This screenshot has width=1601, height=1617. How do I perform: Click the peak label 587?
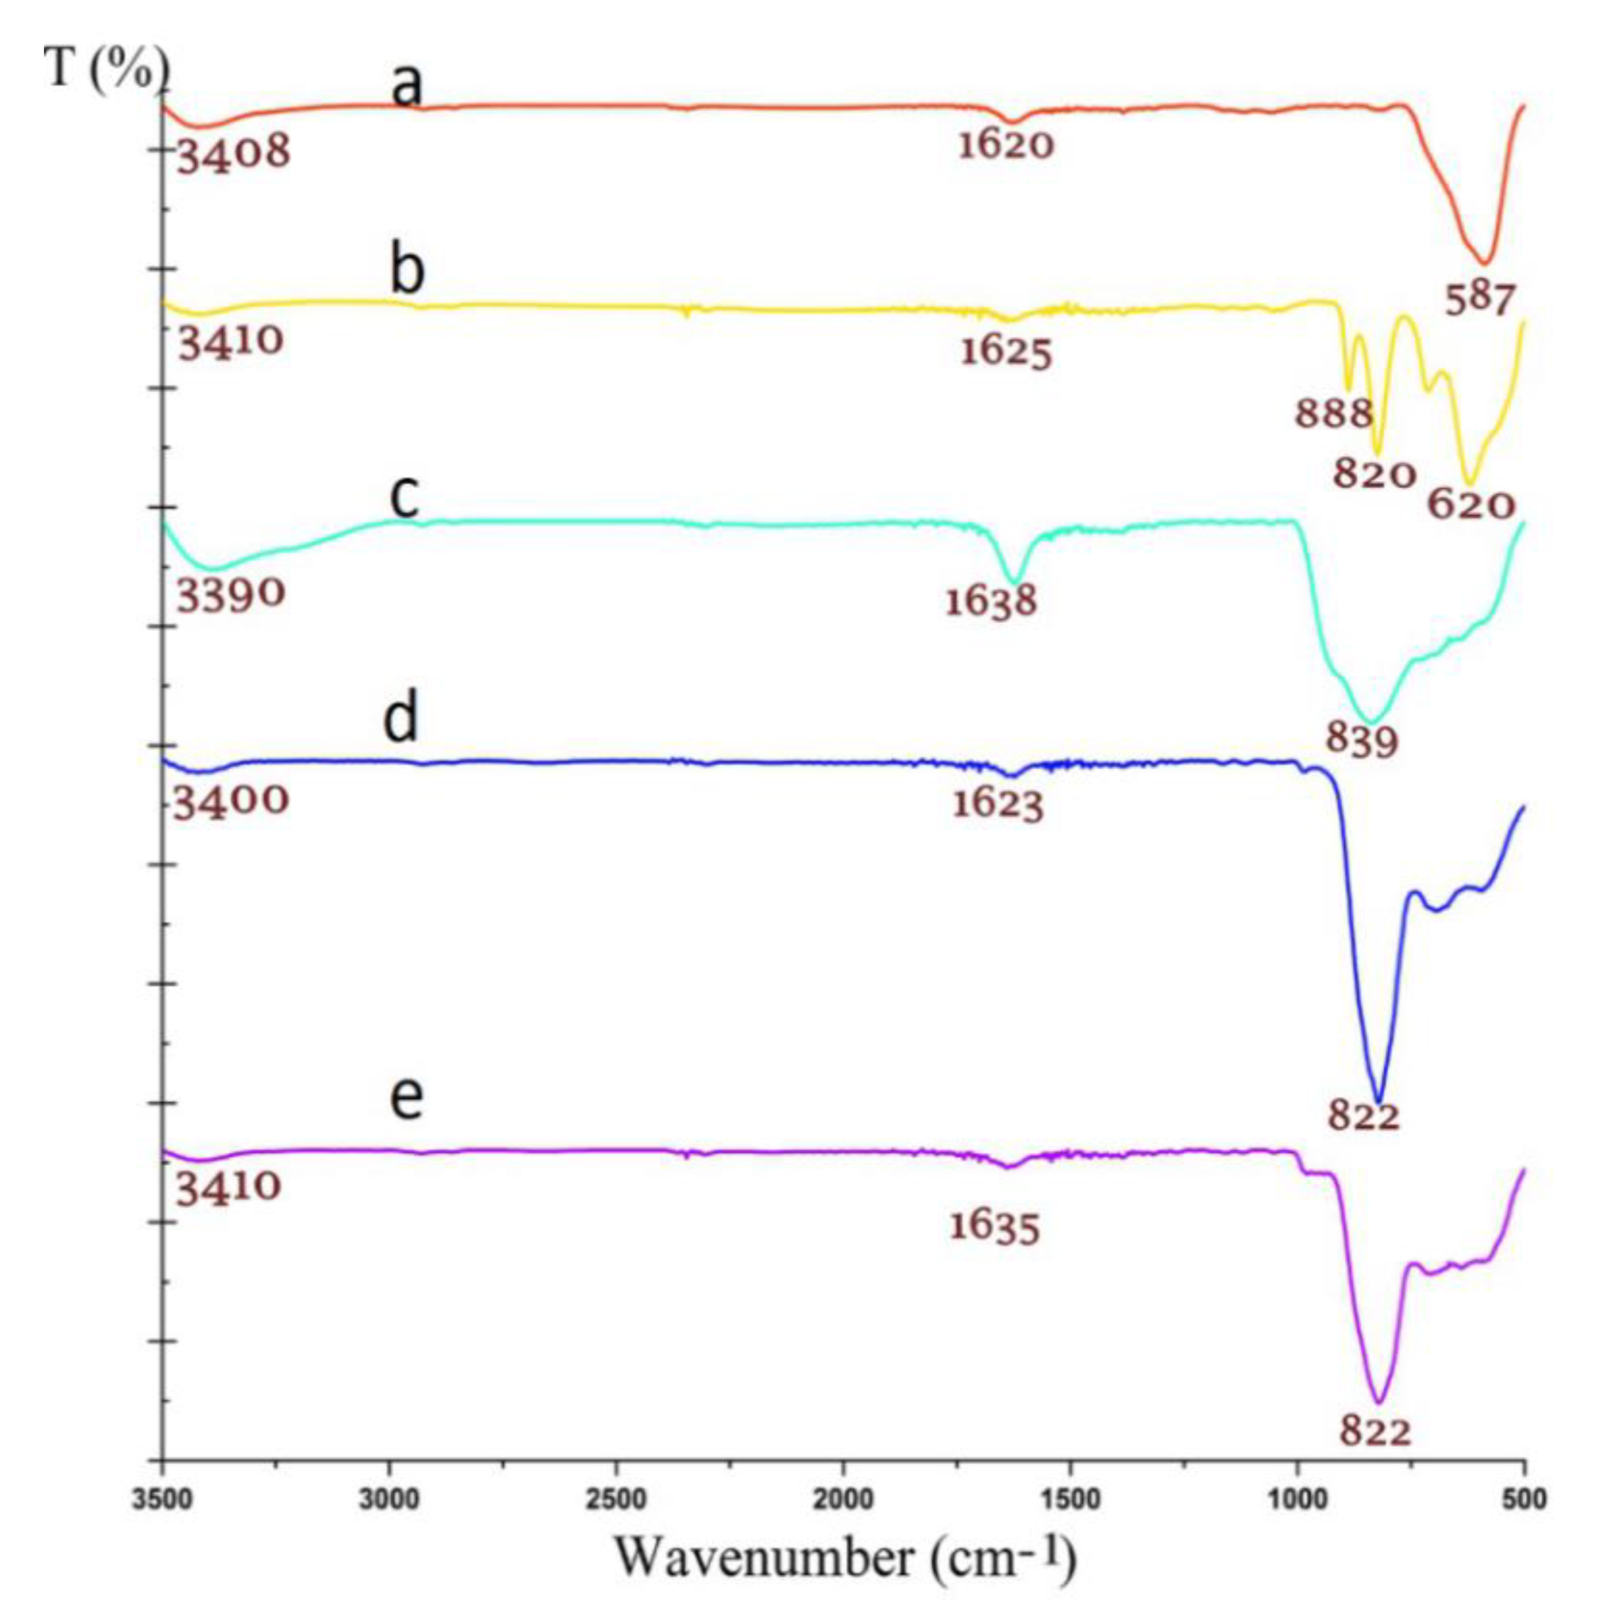coord(1480,299)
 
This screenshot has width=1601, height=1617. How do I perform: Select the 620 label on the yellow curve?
coord(1471,504)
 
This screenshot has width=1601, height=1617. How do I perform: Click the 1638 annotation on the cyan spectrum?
coord(991,601)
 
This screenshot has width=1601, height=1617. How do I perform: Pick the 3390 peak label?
coord(231,595)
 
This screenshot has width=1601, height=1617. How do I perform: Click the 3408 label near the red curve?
coord(233,153)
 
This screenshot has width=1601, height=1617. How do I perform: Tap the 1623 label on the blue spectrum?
coord(997,805)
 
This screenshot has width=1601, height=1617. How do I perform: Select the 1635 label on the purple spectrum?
coord(995,1227)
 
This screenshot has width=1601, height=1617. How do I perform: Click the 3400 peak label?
coord(231,801)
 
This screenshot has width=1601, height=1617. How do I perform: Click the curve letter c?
coord(404,497)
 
